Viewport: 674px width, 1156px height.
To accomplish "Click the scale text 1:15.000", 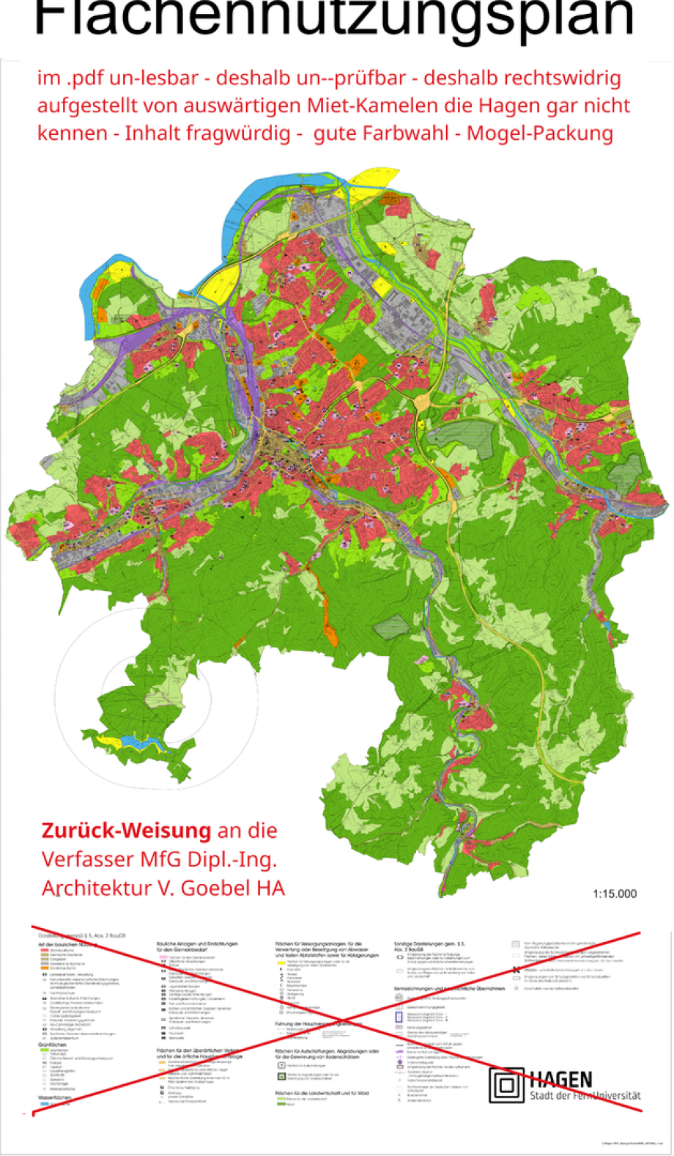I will (x=614, y=893).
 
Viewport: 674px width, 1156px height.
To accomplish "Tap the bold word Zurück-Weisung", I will (x=126, y=831).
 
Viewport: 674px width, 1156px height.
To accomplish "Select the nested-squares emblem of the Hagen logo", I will (x=505, y=1085).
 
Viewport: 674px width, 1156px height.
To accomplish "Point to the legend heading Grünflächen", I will (x=53, y=1045).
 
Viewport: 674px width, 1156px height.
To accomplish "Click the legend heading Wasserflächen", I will (x=57, y=1097).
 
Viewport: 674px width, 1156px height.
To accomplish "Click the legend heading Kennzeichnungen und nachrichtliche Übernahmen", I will (x=449, y=988).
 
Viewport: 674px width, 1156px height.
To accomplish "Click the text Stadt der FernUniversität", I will (x=584, y=1095).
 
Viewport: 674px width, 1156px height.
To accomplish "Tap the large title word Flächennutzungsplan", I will (x=333, y=21).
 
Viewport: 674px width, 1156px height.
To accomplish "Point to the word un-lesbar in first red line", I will (x=153, y=78).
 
